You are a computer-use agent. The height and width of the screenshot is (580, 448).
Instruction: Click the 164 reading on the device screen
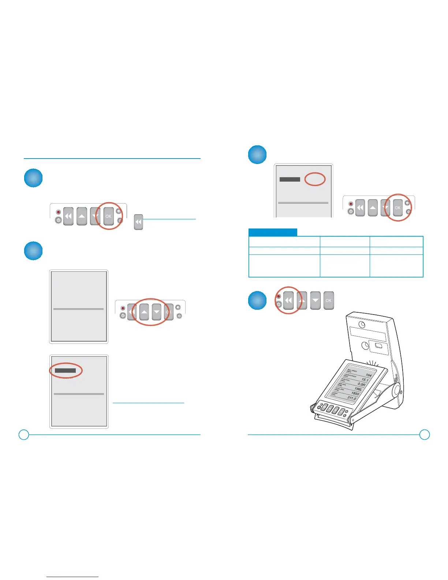pyautogui.click(x=369, y=375)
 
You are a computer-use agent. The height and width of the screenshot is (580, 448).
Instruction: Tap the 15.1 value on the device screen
pyautogui.click(x=365, y=380)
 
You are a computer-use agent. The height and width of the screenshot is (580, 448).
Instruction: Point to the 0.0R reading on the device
pyautogui.click(x=361, y=385)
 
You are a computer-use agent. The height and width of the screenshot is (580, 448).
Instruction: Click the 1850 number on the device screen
pyautogui.click(x=355, y=394)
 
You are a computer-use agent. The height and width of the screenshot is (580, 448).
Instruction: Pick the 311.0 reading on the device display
pyautogui.click(x=351, y=398)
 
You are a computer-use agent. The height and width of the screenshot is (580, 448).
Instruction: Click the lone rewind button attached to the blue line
pyautogui.click(x=138, y=222)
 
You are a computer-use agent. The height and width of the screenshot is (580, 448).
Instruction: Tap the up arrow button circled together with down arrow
pyautogui.click(x=144, y=312)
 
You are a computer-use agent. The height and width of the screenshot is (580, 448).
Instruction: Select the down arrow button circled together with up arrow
pyautogui.click(x=157, y=312)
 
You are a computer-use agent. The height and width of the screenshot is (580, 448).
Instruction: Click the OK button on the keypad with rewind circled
pyautogui.click(x=328, y=301)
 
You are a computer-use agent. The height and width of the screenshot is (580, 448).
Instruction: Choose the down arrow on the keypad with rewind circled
pyautogui.click(x=316, y=301)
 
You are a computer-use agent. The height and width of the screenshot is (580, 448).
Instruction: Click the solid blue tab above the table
pyautogui.click(x=273, y=233)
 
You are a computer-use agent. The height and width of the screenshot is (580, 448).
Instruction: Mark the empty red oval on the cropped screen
pyautogui.click(x=315, y=179)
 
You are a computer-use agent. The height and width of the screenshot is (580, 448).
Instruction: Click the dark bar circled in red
pyautogui.click(x=66, y=371)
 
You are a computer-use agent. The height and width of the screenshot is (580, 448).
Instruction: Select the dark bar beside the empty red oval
pyautogui.click(x=290, y=179)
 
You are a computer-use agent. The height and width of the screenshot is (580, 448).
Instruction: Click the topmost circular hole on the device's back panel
pyautogui.click(x=362, y=325)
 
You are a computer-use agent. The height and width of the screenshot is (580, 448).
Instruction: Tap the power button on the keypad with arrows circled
pyautogui.click(x=123, y=315)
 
